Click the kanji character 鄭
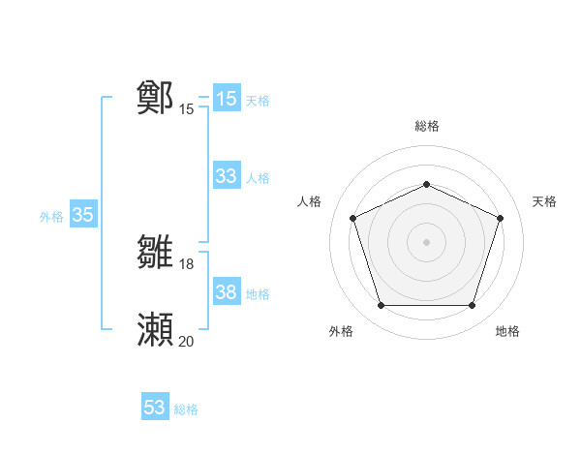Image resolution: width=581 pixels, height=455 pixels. point(156,97)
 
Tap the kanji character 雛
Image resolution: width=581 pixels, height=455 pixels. point(156,253)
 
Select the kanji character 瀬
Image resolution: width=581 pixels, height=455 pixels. point(156,330)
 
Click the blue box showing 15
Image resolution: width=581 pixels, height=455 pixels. point(226,99)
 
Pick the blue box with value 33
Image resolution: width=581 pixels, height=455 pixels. point(226,176)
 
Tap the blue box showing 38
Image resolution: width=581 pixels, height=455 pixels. point(226,291)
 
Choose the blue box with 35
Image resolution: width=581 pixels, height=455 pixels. point(82,215)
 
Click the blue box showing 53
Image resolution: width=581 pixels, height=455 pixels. point(155,408)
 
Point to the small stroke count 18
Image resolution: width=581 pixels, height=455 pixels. point(187,264)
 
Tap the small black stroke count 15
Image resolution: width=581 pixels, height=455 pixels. point(187,109)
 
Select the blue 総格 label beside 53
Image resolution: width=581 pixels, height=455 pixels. point(186,409)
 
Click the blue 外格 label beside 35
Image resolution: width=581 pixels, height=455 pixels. point(51,217)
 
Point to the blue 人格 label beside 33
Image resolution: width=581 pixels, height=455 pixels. point(258,178)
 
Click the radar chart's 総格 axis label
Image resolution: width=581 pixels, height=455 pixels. point(426,126)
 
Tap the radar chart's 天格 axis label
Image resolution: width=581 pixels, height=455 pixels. point(544,201)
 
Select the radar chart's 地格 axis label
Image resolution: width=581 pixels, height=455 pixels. point(507,331)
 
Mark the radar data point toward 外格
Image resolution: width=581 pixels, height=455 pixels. point(381,306)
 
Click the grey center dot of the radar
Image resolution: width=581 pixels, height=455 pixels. point(426,242)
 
